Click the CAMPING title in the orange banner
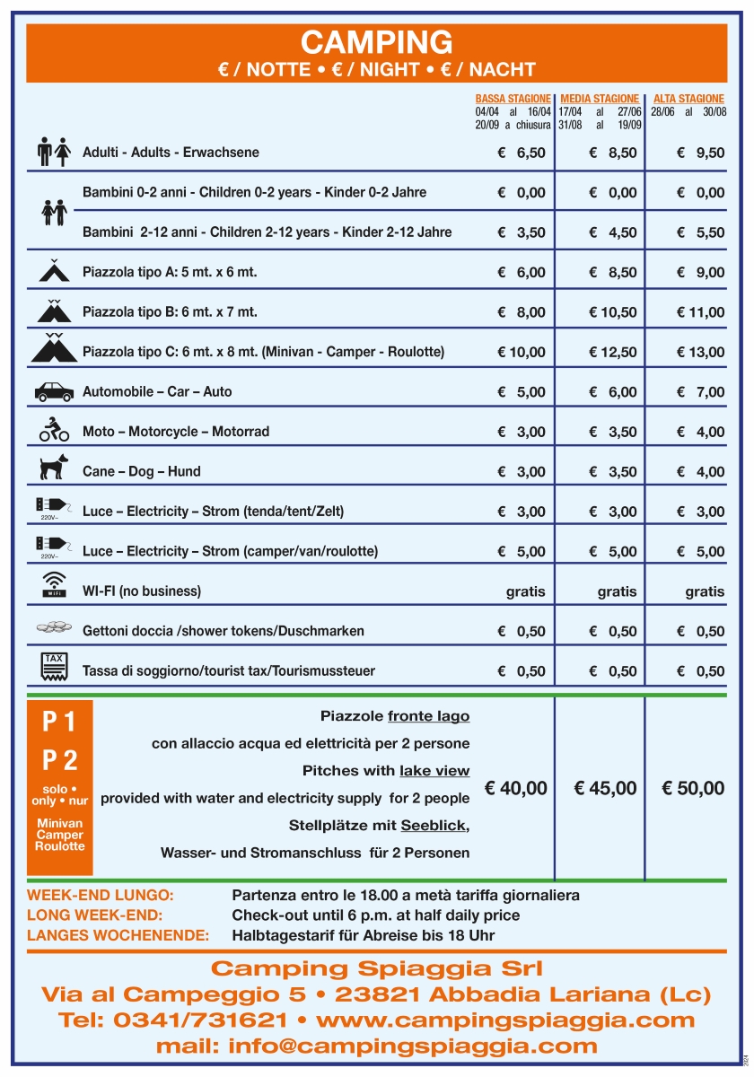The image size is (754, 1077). pos(376,42)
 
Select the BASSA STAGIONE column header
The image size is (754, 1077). pos(513,99)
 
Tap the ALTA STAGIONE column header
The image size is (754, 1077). pos(688,99)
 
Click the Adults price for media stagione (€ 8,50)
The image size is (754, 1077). pos(613,153)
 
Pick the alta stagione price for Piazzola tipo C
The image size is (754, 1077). pos(700,353)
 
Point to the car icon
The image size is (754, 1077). pos(54,391)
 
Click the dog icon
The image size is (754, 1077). pos(54,467)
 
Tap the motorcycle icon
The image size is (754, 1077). pos(54,430)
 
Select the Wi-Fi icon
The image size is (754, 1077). pos(54,584)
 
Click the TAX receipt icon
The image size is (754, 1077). pos(54,665)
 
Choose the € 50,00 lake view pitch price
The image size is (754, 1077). pos(692,789)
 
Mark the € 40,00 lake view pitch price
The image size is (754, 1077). pos(515,789)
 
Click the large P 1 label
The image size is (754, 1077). pos(59,722)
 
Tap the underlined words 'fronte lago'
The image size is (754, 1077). pos(428,716)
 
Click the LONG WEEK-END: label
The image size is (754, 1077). pos(95,915)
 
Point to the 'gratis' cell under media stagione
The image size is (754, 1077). pos(617,592)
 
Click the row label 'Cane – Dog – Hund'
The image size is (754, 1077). pos(141,471)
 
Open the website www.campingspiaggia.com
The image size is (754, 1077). pos(505,1020)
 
